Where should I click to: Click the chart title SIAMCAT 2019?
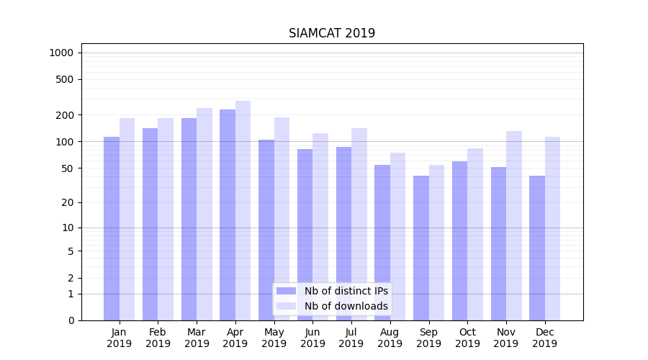coord(332,33)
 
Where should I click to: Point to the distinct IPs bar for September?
coord(421,248)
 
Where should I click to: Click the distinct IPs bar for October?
coord(460,240)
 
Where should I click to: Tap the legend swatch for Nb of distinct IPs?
coord(287,291)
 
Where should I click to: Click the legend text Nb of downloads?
coord(346,306)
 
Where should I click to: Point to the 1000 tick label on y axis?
coord(61,53)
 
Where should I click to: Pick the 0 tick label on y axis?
coord(71,320)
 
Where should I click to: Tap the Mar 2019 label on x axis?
coord(197,338)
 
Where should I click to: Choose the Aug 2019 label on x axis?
coord(390,338)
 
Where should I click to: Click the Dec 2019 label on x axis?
coord(545,338)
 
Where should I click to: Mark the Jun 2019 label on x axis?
coord(312,338)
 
